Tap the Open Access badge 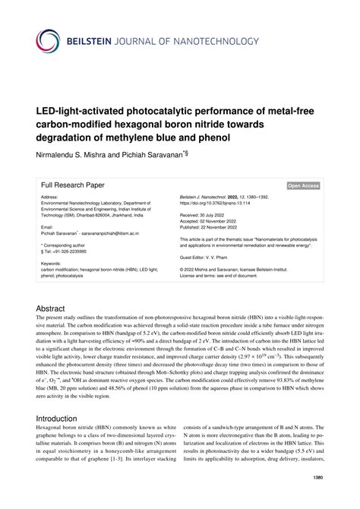click(303, 185)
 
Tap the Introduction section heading click(65, 418)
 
